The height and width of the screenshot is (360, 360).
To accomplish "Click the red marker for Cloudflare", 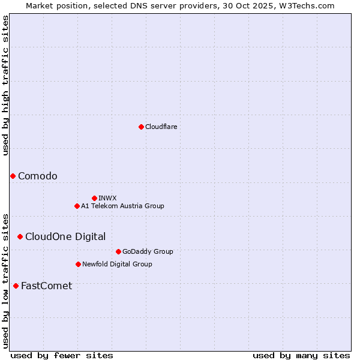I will point(141,127).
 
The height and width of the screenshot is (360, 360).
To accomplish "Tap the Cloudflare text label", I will point(161,127).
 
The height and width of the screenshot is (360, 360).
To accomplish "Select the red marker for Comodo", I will point(13,176).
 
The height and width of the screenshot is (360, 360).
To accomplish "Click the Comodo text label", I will point(38,176).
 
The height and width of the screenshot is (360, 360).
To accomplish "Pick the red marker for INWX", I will point(94,198).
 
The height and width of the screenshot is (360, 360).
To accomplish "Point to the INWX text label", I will point(107,198).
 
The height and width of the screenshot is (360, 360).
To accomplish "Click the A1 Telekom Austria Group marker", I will point(77,206).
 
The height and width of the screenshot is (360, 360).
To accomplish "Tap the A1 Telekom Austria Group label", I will point(122,206).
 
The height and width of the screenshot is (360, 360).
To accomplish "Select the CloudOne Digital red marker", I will point(20,236).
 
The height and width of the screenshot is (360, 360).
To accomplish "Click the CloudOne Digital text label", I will point(65,236).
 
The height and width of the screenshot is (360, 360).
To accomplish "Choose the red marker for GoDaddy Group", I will point(118,251).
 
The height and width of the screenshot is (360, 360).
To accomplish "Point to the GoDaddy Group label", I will point(148,251).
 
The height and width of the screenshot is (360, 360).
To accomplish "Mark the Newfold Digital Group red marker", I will point(78,264).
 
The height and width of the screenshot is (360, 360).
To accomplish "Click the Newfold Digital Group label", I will point(117,264).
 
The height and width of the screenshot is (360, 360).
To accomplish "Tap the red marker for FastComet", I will point(16,286).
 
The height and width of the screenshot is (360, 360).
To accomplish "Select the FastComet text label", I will point(46,286).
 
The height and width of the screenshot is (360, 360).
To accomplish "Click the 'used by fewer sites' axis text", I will point(62,355).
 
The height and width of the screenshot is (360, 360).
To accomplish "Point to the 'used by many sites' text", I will point(301,355).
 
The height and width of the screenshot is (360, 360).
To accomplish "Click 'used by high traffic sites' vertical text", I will point(5,85).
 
